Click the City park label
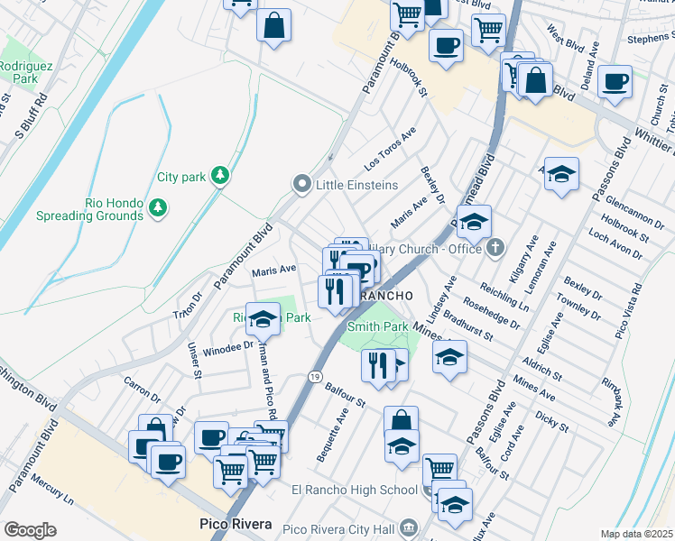click(x=181, y=178)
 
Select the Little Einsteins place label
click(x=356, y=185)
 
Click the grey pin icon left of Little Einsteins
click(x=302, y=184)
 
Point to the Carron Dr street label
click(x=141, y=390)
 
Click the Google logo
click(x=30, y=529)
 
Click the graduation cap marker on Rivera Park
click(x=263, y=320)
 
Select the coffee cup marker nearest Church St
click(x=615, y=82)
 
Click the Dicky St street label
click(x=551, y=422)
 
